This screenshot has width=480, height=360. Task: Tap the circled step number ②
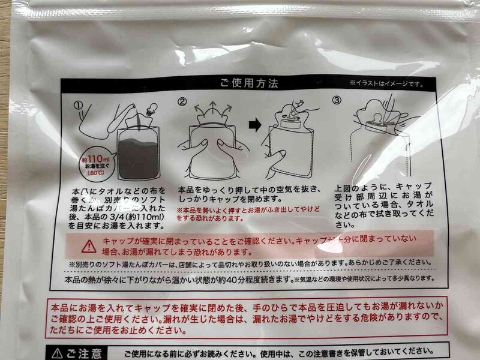(x=181, y=101)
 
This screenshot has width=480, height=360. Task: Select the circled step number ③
(x=337, y=100)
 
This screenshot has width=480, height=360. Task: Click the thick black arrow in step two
(x=255, y=125)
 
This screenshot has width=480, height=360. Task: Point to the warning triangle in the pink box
(x=89, y=246)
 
